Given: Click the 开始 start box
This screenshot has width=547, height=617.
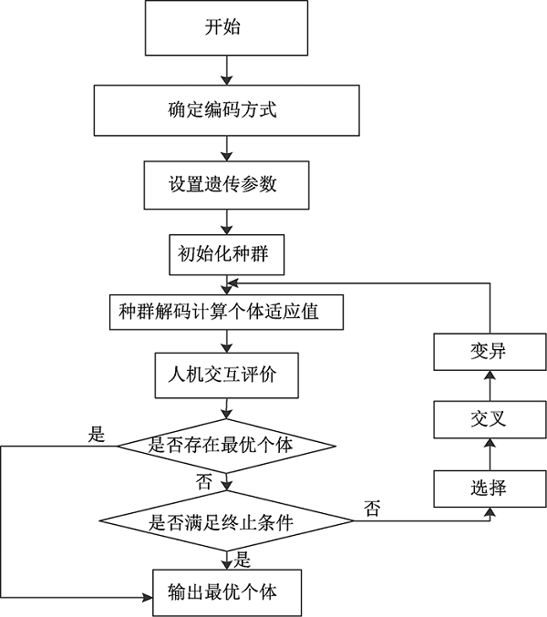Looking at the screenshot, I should tap(222, 28).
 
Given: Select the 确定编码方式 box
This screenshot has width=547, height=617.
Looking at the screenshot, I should tap(222, 110).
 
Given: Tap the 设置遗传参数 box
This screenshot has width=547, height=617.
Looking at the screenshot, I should tap(222, 183).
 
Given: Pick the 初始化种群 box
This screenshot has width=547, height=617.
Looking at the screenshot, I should tap(222, 255).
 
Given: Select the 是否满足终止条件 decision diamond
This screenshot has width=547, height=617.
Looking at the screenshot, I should tap(225, 521).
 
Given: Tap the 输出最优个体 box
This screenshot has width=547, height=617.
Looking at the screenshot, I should tap(222, 590).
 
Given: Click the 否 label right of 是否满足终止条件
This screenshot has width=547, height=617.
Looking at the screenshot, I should tap(372, 506).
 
